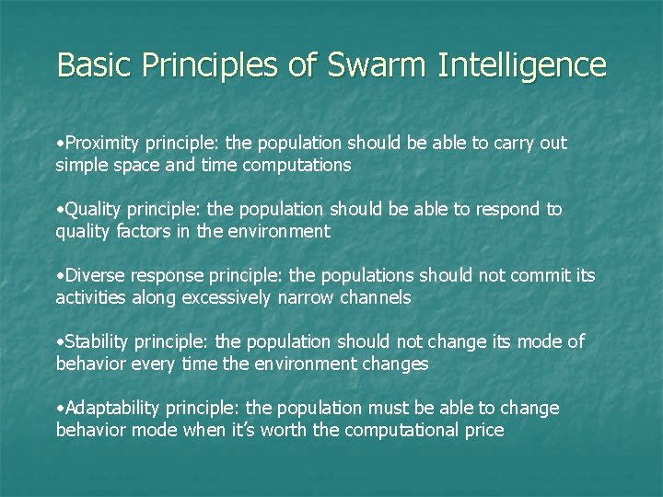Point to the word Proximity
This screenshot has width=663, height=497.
point(101,144)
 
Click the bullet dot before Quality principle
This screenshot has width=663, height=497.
point(59,210)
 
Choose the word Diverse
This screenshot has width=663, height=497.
point(95,275)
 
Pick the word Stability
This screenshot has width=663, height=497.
point(97,341)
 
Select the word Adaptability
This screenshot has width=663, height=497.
point(111,408)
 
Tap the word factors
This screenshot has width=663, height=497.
point(145,232)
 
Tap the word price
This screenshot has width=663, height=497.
point(483,430)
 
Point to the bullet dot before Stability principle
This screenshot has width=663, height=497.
point(59,342)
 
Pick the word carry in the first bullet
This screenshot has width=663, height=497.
point(501,144)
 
